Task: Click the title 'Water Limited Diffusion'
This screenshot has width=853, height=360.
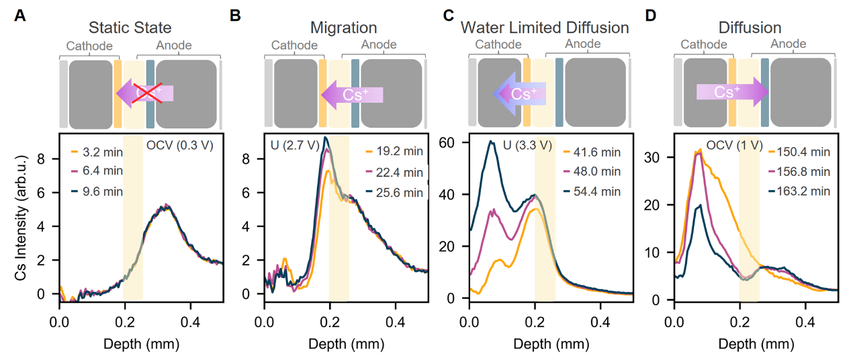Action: coord(545,28)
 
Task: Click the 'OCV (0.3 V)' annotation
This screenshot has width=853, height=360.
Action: coord(179,144)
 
